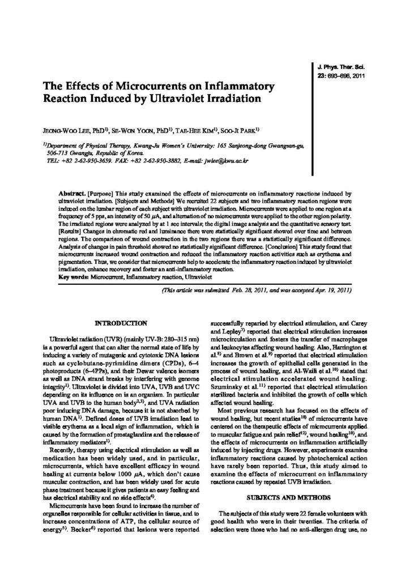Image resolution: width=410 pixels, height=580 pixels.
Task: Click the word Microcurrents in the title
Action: point(147,87)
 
